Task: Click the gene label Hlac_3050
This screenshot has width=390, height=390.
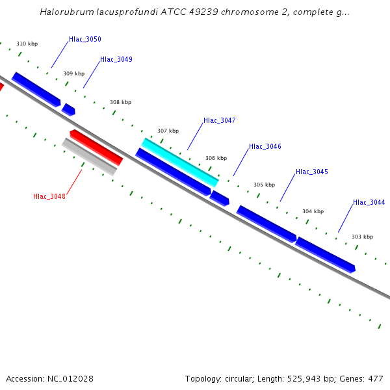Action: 85,40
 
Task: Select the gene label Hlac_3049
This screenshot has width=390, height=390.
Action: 116,60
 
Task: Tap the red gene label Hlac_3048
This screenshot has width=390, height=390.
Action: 49,196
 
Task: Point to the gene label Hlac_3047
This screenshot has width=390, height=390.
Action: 220,121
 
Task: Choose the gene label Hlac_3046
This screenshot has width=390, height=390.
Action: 265,147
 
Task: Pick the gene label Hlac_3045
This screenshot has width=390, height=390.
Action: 312,172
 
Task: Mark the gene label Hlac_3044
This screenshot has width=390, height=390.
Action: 369,203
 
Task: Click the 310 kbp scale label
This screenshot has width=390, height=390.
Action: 27,44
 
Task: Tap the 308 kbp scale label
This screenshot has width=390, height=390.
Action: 120,103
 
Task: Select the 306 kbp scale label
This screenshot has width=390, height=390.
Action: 216,158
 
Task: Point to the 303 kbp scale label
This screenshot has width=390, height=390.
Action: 362,237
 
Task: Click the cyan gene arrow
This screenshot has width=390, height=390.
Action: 180,162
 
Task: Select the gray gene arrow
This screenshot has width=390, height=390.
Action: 89,157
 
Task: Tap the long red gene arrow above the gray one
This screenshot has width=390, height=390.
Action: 96,147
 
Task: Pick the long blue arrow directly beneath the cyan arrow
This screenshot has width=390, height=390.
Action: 173,172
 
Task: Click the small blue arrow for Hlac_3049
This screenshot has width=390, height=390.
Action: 68,110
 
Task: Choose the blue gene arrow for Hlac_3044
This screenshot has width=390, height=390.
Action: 325,254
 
